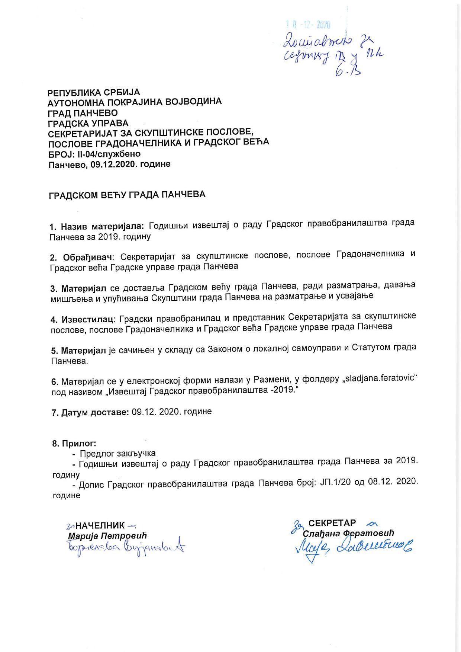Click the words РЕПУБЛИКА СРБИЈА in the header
(94, 92)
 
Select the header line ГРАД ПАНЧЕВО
(83, 113)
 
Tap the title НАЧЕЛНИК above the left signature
(100, 525)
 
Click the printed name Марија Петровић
(107, 536)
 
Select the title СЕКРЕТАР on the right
(332, 523)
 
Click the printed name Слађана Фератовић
(348, 533)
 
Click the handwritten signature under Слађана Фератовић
(353, 547)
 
